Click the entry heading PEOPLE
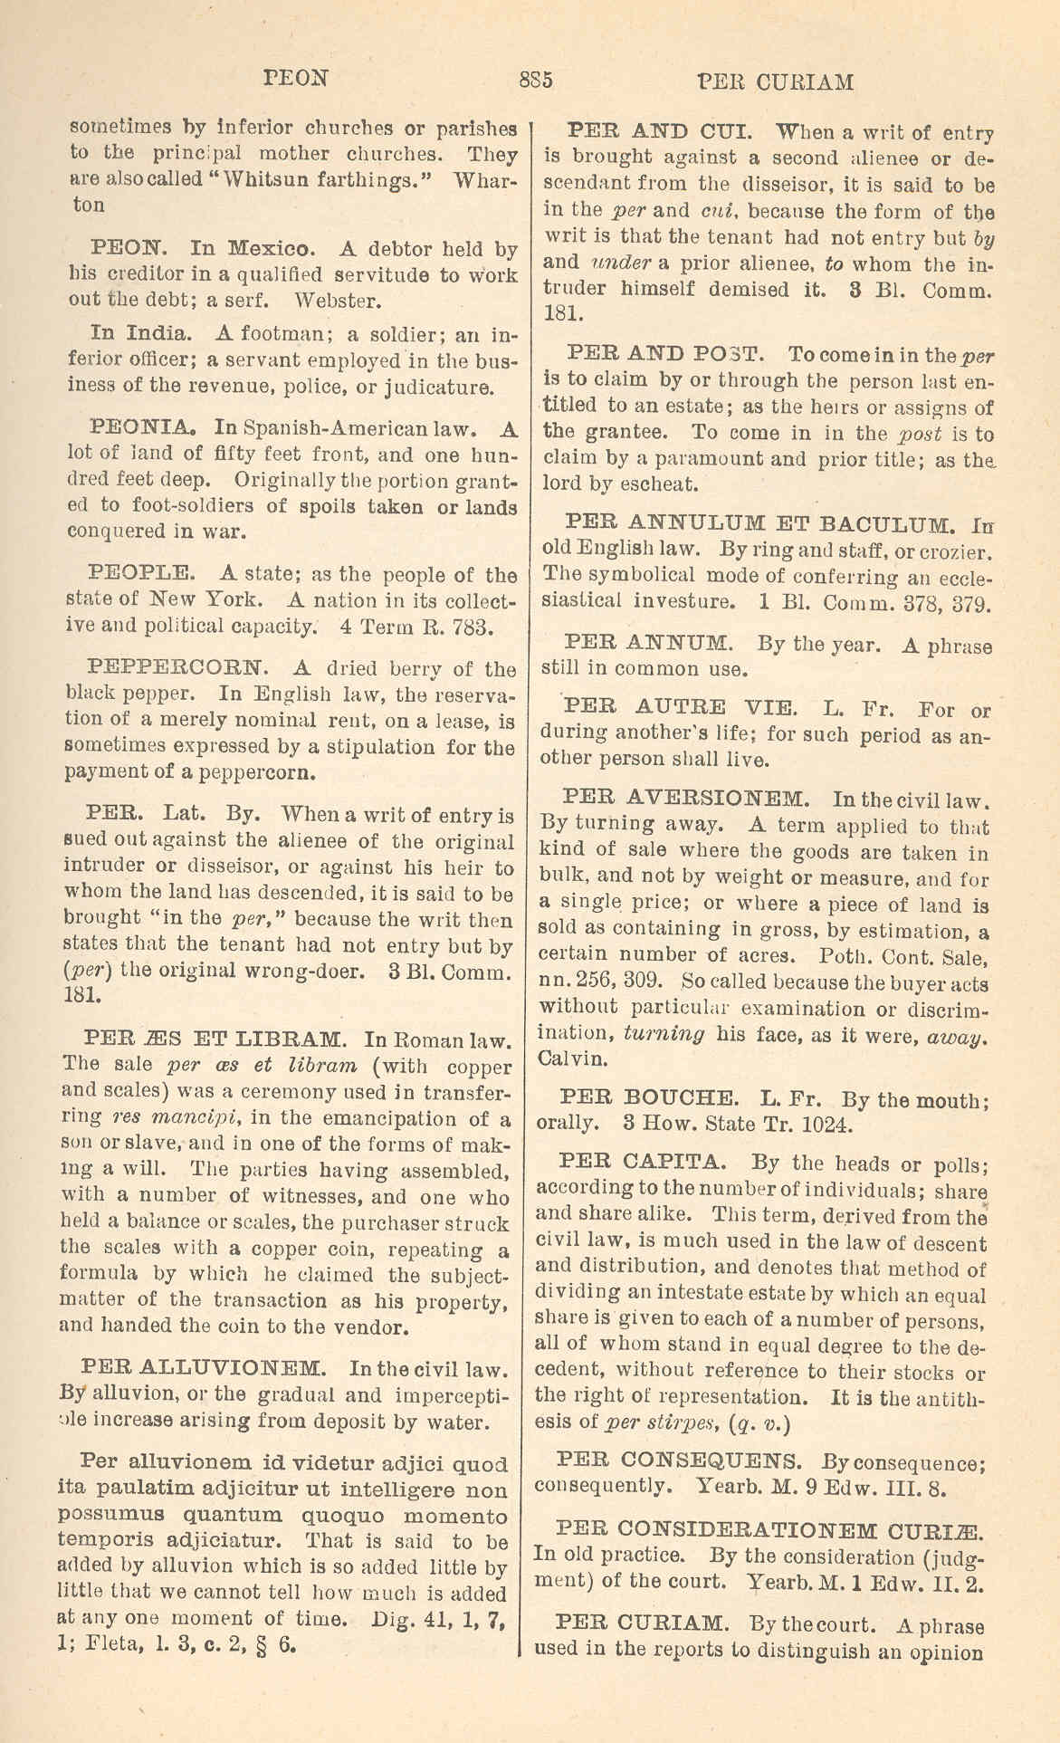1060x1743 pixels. (141, 574)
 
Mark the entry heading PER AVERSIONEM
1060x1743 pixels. (686, 799)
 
